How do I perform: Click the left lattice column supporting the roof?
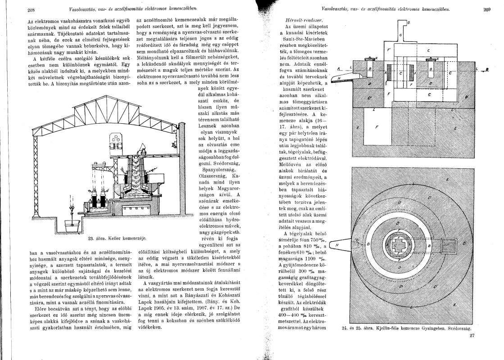point(33,171)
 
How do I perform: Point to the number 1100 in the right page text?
point(308,260)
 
